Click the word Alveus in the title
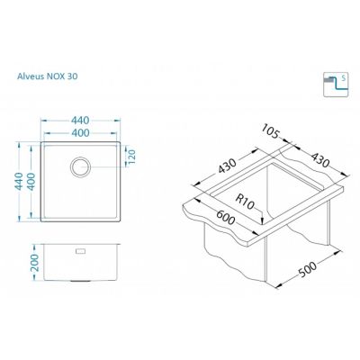31,76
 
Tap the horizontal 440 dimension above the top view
80,121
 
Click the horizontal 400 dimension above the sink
80,132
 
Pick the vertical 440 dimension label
20,181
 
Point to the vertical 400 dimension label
31,182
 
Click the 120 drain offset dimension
132,157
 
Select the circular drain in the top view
80,166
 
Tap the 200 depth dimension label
35,263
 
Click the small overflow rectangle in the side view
81,251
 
